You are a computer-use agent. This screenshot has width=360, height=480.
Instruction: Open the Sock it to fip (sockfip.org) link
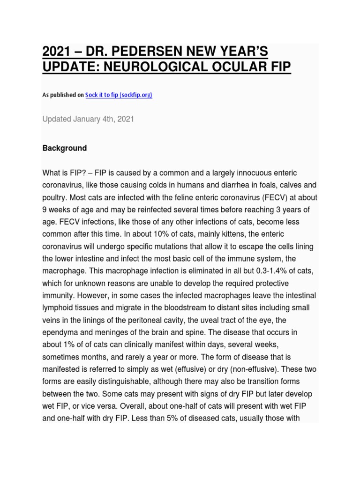coord(119,95)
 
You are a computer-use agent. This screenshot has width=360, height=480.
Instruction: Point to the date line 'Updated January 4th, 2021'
coord(88,119)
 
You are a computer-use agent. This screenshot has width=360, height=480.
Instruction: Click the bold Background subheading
coord(65,148)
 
